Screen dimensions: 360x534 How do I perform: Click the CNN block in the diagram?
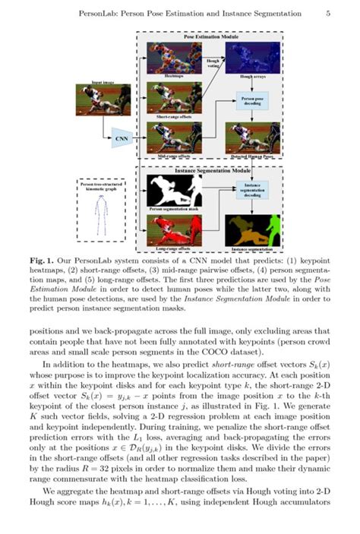coord(120,138)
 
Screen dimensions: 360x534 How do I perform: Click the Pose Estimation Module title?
coord(208,36)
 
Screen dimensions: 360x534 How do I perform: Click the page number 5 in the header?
coord(327,13)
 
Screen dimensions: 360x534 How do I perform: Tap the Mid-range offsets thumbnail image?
coord(173,138)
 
